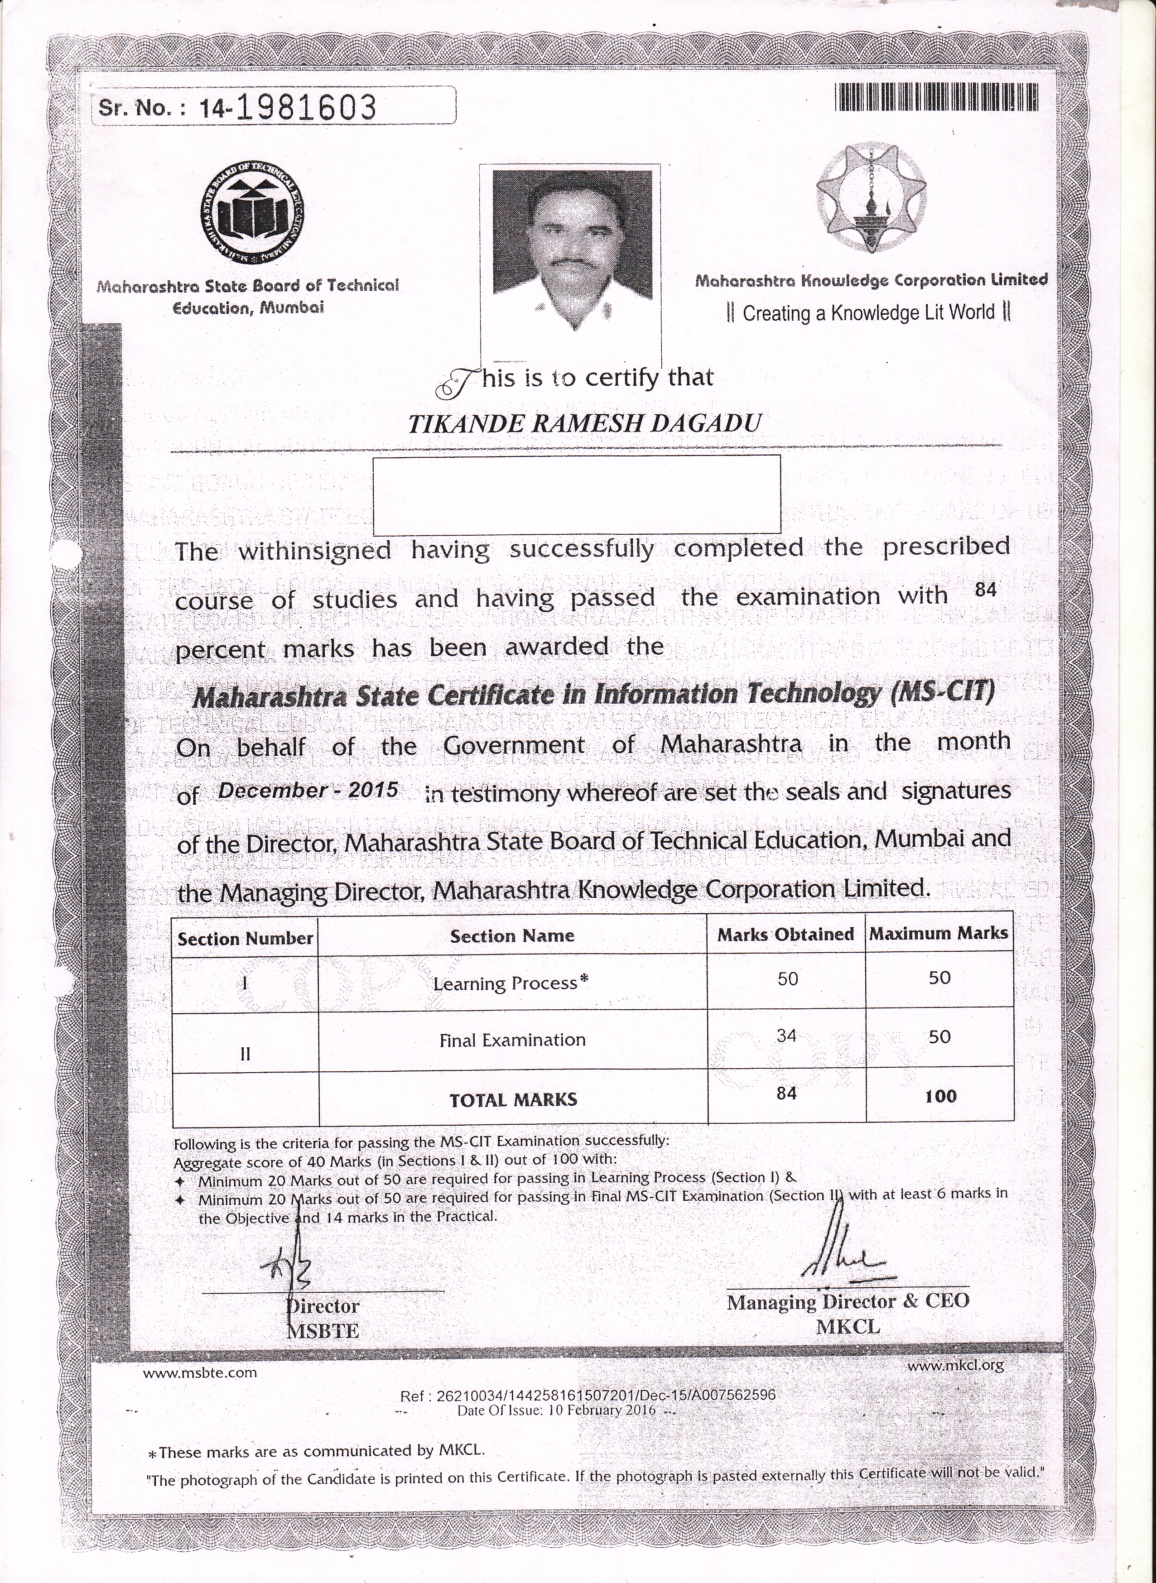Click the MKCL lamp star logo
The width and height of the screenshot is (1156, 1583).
871,199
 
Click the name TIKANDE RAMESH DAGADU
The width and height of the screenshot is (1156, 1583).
584,424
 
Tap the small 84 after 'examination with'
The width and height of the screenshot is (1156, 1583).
985,590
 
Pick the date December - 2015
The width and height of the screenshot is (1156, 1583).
308,791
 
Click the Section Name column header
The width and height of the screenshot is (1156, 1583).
512,936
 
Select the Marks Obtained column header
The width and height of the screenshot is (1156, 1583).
785,935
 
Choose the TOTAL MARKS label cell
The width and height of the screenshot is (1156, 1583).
513,1100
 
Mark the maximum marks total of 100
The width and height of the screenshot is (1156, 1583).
940,1096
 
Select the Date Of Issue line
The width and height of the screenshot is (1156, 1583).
556,1410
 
